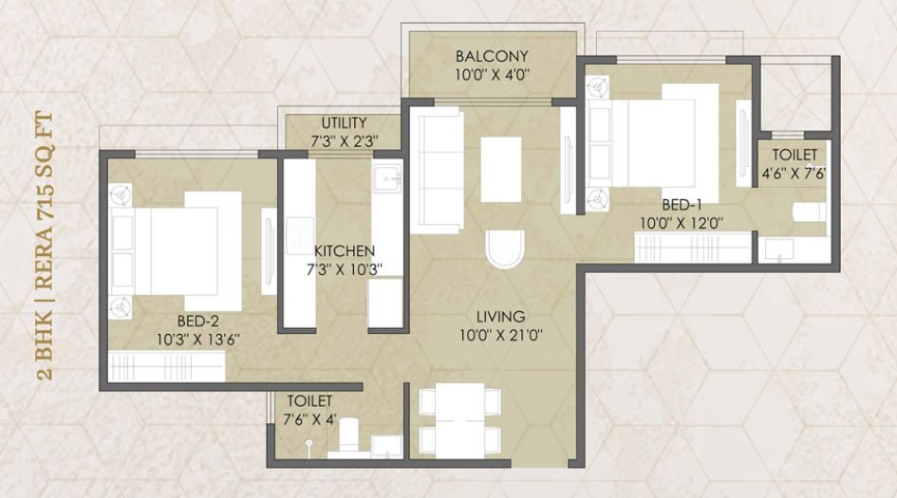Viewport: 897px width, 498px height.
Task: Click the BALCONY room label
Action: point(491,54)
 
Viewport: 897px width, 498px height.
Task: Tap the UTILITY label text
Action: point(344,123)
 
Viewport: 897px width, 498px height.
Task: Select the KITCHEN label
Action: point(344,250)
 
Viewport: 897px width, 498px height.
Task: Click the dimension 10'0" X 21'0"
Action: point(502,335)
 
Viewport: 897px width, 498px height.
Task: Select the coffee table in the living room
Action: point(501,169)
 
